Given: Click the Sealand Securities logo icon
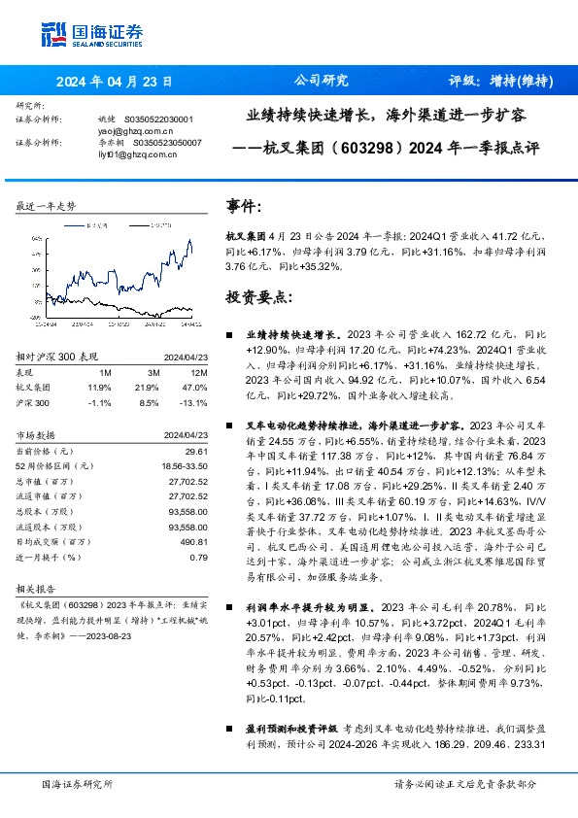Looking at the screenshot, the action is click(x=53, y=33).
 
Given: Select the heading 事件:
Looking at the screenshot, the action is click(x=244, y=207).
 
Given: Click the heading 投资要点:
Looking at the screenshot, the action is click(x=258, y=295).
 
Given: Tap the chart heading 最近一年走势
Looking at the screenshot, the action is click(x=47, y=206).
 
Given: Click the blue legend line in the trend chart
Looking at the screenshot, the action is click(x=76, y=224).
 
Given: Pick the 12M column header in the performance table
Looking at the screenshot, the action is click(x=197, y=371).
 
